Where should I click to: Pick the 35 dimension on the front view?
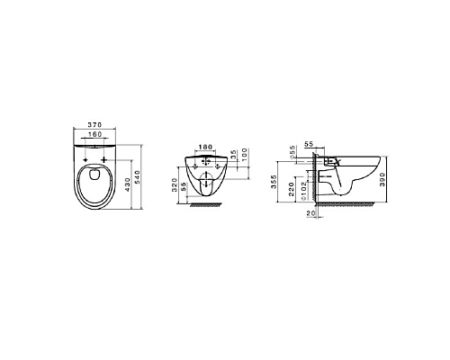(x=234, y=154)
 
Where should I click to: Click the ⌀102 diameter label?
(x=305, y=190)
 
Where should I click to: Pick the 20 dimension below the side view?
(x=310, y=214)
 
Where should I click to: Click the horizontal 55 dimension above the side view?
(x=308, y=143)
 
